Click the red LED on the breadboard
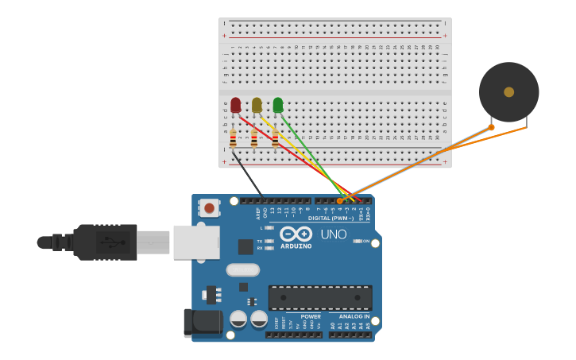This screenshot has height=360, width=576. [235, 105]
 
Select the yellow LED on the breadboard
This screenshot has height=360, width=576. [257, 105]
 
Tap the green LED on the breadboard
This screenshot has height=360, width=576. [277, 105]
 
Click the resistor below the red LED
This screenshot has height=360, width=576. [233, 140]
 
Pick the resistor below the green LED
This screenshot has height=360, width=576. [275, 140]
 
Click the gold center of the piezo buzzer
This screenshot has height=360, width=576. [508, 92]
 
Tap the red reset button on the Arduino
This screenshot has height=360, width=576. [209, 208]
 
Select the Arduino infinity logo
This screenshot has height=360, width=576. [296, 234]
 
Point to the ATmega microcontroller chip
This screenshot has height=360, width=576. [320, 298]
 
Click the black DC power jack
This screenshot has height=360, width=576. [203, 322]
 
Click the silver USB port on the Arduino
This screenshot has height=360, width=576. [196, 242]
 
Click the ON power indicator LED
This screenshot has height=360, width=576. [357, 241]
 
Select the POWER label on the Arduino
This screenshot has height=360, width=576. [311, 316]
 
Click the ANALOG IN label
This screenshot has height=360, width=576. [350, 316]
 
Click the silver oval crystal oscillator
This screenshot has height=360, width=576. [242, 269]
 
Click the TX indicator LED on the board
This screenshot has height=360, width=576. [269, 241]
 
